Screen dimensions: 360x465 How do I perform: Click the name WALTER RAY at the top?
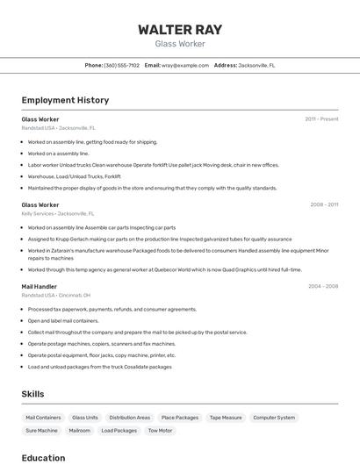(x=179, y=30)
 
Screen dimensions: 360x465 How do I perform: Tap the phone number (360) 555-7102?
(x=121, y=65)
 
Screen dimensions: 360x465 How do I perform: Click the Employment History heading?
(x=65, y=100)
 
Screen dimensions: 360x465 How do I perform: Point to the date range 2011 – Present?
(x=321, y=118)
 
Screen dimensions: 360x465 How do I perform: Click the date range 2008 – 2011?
(x=323, y=204)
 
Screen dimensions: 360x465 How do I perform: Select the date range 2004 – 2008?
(x=323, y=286)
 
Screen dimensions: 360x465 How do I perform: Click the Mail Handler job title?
(x=39, y=286)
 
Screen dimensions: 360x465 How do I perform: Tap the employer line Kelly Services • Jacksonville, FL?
(x=57, y=213)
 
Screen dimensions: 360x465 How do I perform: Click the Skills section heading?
(x=32, y=394)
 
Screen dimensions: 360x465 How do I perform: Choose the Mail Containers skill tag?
(x=43, y=418)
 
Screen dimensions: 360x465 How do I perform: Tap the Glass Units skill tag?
(x=85, y=418)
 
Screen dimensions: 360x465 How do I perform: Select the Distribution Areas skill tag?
(x=130, y=418)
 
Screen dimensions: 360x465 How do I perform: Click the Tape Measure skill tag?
(x=226, y=418)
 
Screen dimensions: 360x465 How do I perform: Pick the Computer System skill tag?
(x=274, y=418)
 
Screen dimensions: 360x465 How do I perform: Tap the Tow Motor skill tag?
(x=160, y=431)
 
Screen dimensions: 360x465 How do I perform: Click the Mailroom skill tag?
(x=80, y=431)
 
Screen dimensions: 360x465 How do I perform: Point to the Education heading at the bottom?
(x=43, y=457)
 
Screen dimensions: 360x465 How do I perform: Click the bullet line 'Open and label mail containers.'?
(x=63, y=320)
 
